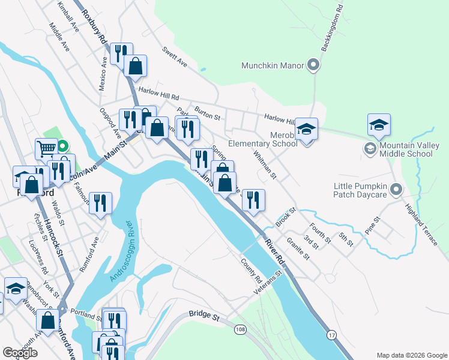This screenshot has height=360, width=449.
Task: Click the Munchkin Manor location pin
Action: pyautogui.click(x=312, y=65)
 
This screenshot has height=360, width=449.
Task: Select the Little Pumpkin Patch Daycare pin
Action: pyautogui.click(x=396, y=190)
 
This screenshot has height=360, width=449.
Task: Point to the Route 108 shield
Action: pyautogui.click(x=241, y=329)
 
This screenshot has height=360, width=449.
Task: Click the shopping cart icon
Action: pyautogui.click(x=46, y=148)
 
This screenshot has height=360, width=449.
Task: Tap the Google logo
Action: pyautogui.click(x=20, y=353)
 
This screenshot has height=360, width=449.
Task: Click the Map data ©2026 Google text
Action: pyautogui.click(x=411, y=355)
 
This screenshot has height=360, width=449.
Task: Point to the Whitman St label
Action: pyautogui.click(x=265, y=165)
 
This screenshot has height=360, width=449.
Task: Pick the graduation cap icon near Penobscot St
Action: pyautogui.click(x=16, y=288)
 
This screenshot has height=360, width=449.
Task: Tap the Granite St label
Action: pyautogui.click(x=297, y=248)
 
